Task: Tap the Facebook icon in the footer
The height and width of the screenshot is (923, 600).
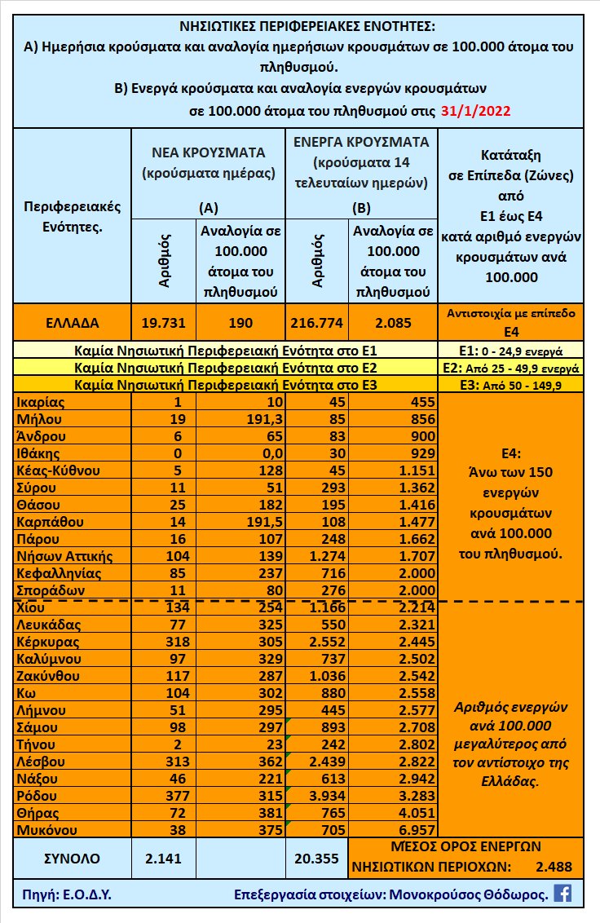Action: [x=562, y=893]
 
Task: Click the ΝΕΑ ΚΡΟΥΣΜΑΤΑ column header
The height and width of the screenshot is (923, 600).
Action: [x=208, y=152]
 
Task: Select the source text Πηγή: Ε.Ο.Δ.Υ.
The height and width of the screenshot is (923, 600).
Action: [x=68, y=894]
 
